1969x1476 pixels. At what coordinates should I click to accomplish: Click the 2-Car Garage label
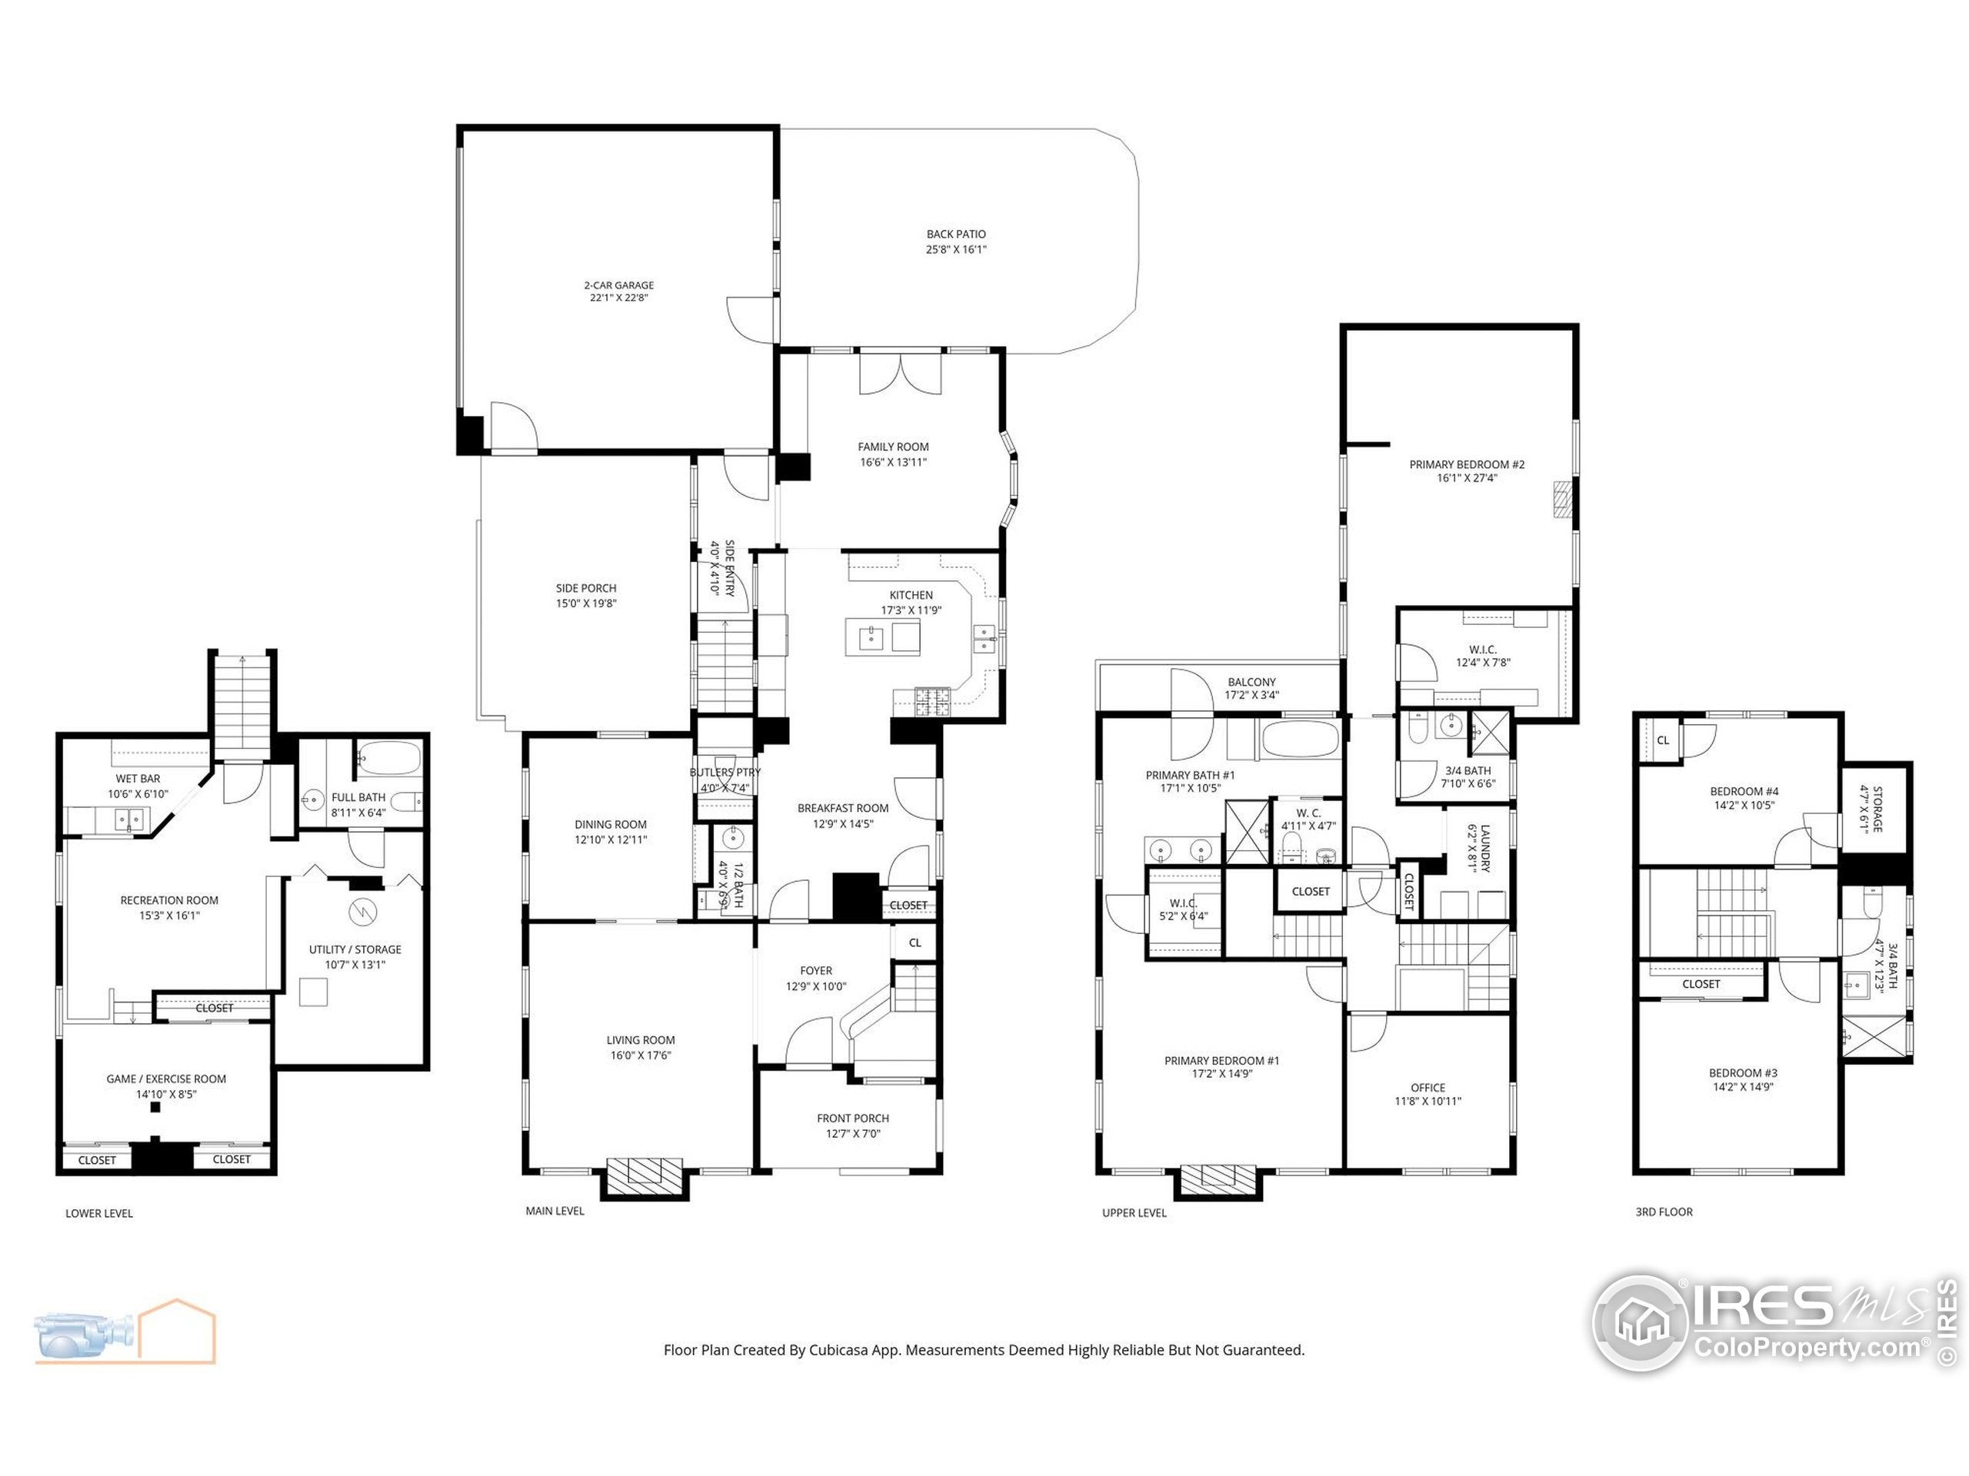[x=618, y=286]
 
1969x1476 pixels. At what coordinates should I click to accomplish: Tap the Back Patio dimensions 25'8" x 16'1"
[x=956, y=250]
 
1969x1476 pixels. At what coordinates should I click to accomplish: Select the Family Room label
[x=893, y=447]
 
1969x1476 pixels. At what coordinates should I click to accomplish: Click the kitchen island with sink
[x=882, y=637]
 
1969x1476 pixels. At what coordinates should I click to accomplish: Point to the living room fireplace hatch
[x=645, y=1172]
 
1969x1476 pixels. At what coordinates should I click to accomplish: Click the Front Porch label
[x=853, y=1119]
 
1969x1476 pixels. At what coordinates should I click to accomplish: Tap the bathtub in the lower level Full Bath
[x=389, y=759]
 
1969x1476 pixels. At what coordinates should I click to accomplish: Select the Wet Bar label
[x=138, y=779]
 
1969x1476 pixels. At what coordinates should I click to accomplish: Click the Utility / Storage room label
[x=355, y=949]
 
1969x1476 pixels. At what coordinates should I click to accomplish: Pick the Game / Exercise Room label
[x=165, y=1079]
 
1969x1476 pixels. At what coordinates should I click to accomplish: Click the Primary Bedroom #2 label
[x=1466, y=464]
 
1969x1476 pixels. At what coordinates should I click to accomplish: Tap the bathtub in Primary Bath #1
[x=1300, y=739]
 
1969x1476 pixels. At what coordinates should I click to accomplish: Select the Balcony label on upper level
[x=1251, y=683]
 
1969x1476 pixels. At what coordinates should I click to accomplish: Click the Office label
[x=1427, y=1087]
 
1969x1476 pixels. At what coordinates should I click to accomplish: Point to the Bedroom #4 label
[x=1743, y=791]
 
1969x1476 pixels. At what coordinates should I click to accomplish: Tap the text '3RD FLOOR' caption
[x=1663, y=1212]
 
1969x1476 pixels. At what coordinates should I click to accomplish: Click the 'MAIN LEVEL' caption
[x=555, y=1211]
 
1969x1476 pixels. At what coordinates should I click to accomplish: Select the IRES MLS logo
[x=1771, y=1322]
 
